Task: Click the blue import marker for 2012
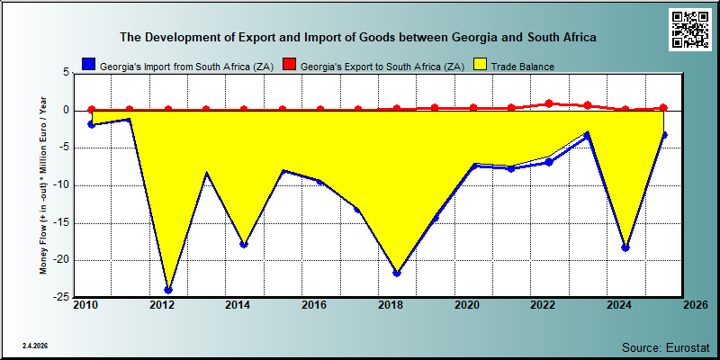pyautogui.click(x=168, y=290)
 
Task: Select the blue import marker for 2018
pyautogui.click(x=397, y=274)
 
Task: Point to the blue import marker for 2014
pyautogui.click(x=244, y=244)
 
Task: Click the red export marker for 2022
pyautogui.click(x=549, y=103)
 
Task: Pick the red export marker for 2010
pyautogui.click(x=92, y=110)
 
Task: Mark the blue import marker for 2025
pyautogui.click(x=663, y=135)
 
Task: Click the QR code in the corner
pyautogui.click(x=689, y=29)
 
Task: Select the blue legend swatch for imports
pyautogui.click(x=89, y=64)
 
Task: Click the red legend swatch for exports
pyautogui.click(x=289, y=64)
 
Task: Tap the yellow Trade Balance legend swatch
pyautogui.click(x=480, y=64)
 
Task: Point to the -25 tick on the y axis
pyautogui.click(x=62, y=298)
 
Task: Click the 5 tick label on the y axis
pyautogui.click(x=66, y=73)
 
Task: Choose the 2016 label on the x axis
pyautogui.click(x=314, y=305)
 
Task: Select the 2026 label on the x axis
pyautogui.click(x=696, y=305)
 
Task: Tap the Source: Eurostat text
pyautogui.click(x=666, y=346)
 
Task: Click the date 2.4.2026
pyautogui.click(x=35, y=346)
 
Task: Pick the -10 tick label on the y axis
pyautogui.click(x=62, y=185)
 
